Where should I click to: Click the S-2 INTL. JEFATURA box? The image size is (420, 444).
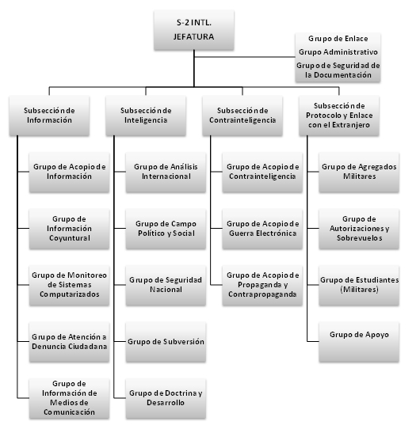coord(194,30)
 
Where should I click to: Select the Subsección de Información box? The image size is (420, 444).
coord(49,116)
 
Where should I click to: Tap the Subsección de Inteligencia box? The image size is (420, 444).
coord(146,116)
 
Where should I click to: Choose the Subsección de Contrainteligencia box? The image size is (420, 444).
coord(242,116)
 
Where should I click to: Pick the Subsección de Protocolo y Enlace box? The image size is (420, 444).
coord(339,116)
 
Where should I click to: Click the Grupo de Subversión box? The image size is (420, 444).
coord(166,342)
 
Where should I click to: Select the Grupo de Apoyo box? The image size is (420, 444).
coord(359,342)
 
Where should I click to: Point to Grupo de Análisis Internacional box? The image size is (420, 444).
coord(166,173)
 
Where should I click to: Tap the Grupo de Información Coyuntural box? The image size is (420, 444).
coord(69,229)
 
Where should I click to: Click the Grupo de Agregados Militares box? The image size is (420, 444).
coord(359,173)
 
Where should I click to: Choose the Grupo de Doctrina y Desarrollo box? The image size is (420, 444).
coord(166,398)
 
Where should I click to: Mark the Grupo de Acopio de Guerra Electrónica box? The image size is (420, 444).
coord(262,229)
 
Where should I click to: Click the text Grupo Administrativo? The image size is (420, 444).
coord(338,52)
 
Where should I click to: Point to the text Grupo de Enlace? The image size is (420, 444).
coord(338,39)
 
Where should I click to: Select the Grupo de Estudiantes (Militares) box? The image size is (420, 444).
coord(359,286)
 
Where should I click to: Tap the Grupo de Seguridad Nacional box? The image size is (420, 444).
coord(166,286)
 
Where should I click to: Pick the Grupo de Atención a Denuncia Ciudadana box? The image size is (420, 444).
coord(69,342)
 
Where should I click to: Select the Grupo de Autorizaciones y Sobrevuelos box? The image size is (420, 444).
coord(359,229)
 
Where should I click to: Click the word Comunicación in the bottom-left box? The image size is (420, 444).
coord(69,412)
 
